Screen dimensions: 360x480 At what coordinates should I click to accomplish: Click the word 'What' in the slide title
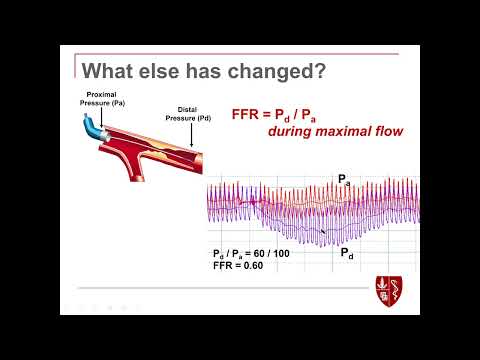click(107, 71)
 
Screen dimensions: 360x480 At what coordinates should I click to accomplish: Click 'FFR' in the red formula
click(248, 114)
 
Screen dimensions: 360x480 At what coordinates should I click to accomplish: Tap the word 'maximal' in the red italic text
click(310, 133)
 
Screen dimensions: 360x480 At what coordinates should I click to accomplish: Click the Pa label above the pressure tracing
click(344, 182)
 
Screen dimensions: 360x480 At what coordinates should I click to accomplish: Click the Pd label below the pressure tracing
click(346, 254)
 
